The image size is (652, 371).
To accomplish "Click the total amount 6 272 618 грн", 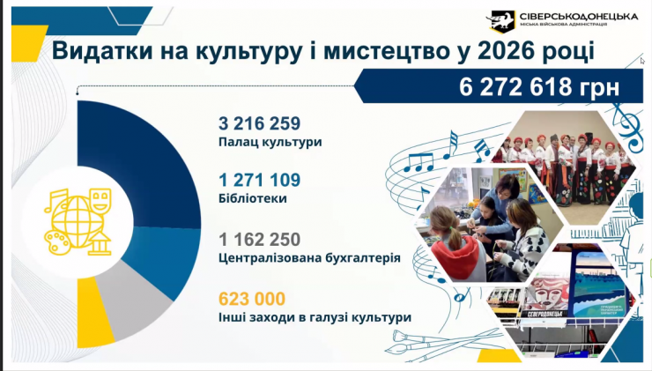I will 538,87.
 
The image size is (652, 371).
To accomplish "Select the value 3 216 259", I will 260,122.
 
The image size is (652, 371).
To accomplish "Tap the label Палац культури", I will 270,141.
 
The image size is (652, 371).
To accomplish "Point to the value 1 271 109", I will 260,181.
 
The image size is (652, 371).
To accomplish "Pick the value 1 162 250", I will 260,239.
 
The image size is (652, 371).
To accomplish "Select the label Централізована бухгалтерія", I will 309,258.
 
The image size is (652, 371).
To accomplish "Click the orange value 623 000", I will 252,298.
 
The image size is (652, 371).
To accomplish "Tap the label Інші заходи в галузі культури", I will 315,317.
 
